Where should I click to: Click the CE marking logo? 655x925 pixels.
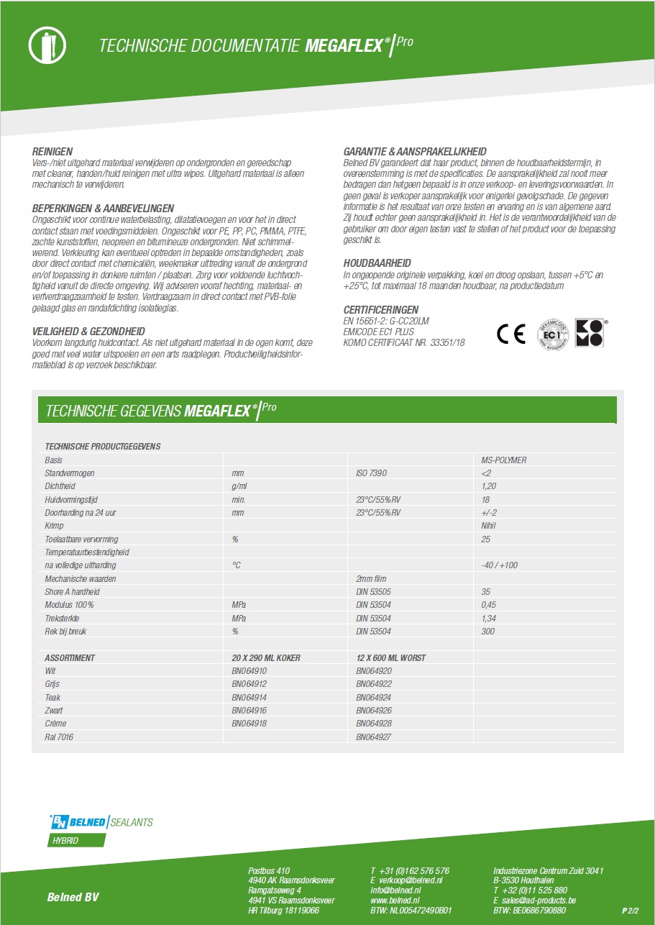pyautogui.click(x=511, y=334)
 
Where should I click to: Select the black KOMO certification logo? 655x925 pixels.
pyautogui.click(x=590, y=334)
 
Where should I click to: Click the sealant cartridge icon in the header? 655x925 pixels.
pyautogui.click(x=46, y=46)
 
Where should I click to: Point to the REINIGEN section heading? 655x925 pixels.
pyautogui.click(x=52, y=152)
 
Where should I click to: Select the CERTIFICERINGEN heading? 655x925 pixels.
pyautogui.click(x=381, y=310)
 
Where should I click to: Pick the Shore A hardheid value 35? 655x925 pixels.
pyautogui.click(x=485, y=592)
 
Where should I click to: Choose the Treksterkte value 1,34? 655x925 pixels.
pyautogui.click(x=488, y=619)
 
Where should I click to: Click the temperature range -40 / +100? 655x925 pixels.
pyautogui.click(x=499, y=565)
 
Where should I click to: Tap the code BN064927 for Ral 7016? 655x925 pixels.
pyautogui.click(x=374, y=737)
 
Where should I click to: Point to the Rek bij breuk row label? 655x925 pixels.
pyautogui.click(x=66, y=632)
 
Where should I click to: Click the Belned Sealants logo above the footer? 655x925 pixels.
pyautogui.click(x=100, y=822)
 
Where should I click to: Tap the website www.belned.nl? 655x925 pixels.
pyautogui.click(x=395, y=900)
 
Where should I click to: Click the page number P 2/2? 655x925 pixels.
pyautogui.click(x=630, y=911)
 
